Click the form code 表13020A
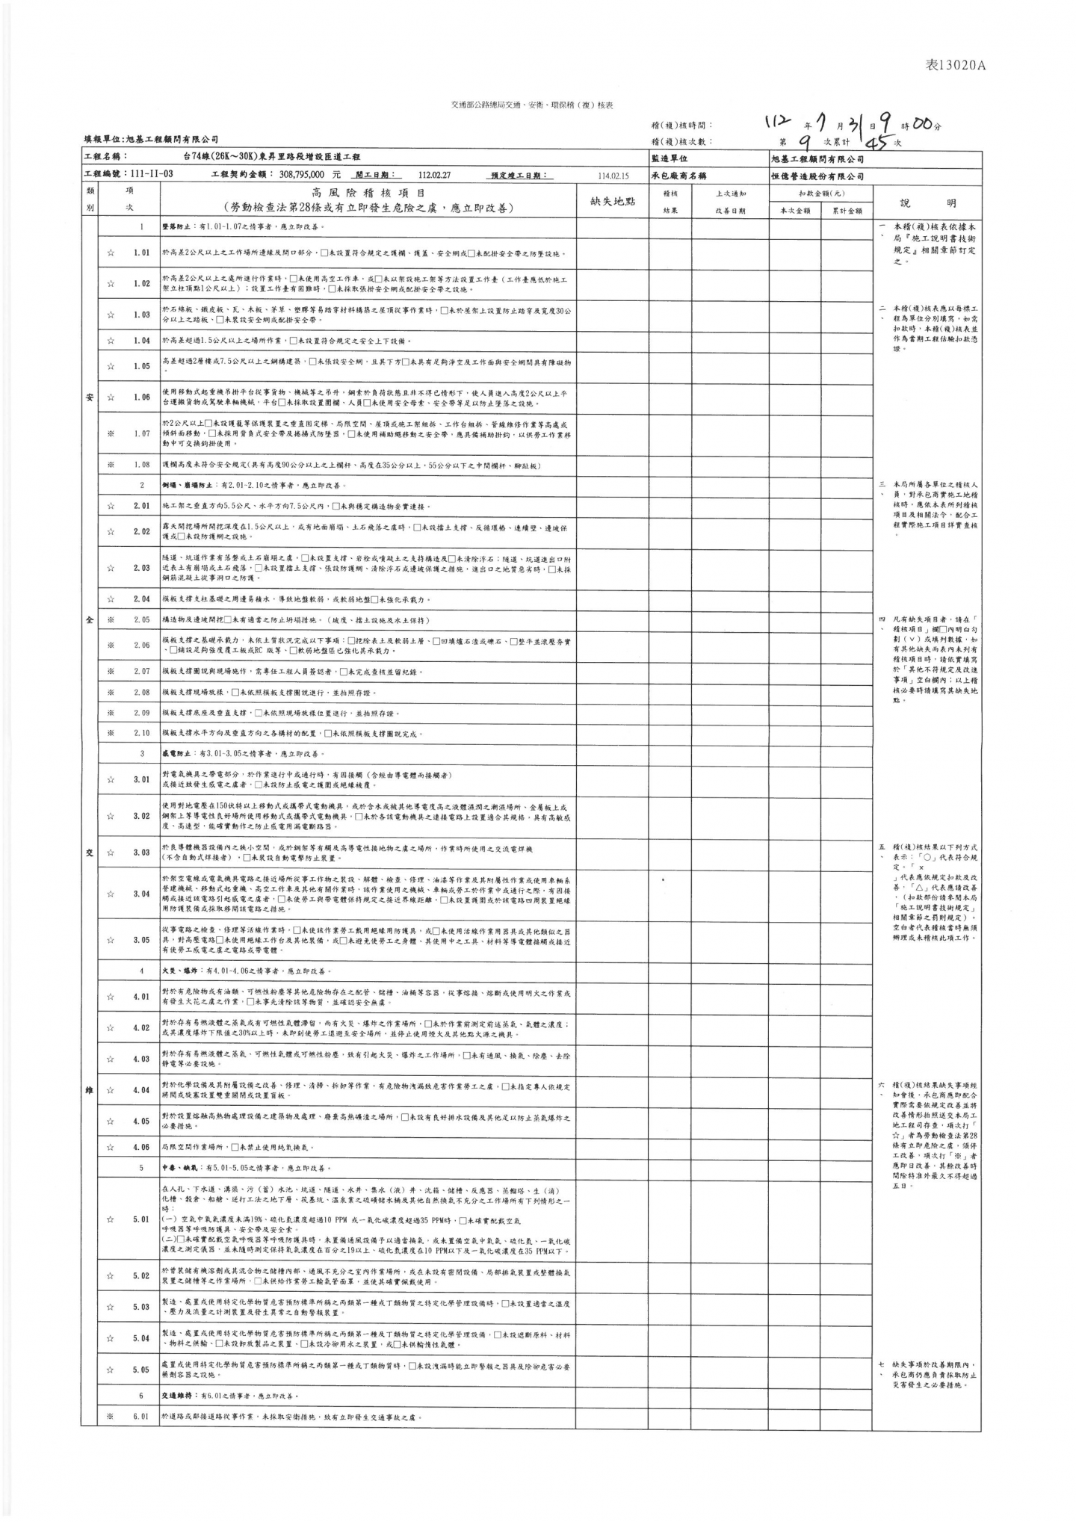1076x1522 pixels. click(956, 66)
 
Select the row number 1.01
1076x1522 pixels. click(141, 253)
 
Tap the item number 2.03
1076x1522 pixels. click(141, 568)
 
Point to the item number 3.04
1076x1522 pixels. click(141, 894)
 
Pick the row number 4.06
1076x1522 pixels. click(141, 1147)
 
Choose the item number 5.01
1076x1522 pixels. click(141, 1220)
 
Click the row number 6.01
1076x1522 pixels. click(141, 1417)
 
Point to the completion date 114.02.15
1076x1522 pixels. click(613, 176)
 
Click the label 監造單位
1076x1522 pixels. click(670, 159)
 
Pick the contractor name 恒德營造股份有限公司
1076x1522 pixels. click(817, 176)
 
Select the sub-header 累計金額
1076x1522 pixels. click(847, 211)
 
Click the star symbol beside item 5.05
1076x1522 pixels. click(110, 1370)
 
